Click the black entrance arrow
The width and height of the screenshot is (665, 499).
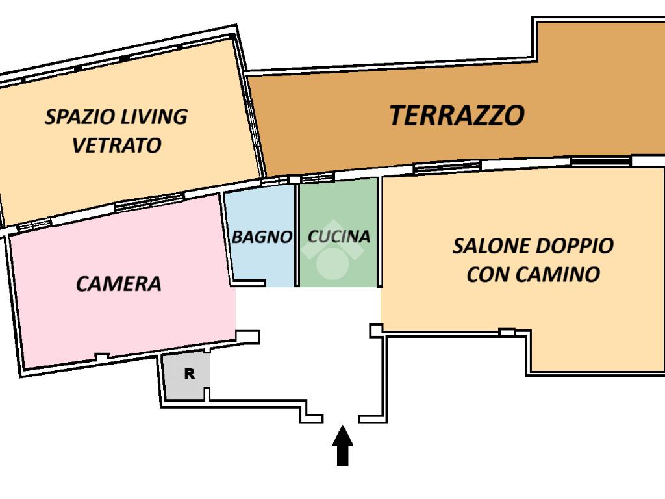click(342, 446)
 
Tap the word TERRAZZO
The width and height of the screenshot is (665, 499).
click(457, 116)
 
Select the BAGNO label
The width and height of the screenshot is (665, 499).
click(262, 237)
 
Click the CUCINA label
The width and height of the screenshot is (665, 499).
click(339, 237)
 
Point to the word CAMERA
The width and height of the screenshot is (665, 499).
click(118, 284)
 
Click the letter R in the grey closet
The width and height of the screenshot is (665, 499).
click(190, 374)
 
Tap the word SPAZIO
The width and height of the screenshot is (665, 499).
click(80, 117)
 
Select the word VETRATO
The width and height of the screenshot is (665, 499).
click(117, 145)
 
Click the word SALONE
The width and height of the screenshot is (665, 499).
click(491, 246)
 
